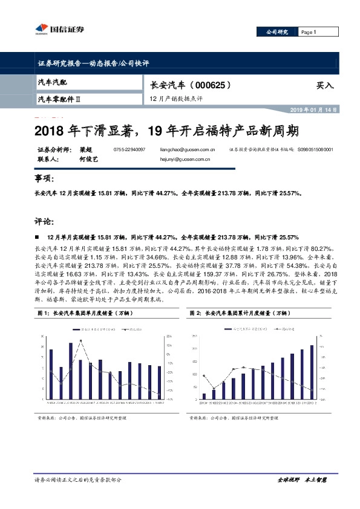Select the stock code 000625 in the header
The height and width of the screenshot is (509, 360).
[212, 85]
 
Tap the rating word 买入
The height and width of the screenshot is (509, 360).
[325, 86]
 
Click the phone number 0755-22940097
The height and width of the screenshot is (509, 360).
[129, 149]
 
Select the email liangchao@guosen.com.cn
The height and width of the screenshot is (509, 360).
[184, 149]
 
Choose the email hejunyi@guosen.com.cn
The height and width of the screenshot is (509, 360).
[184, 160]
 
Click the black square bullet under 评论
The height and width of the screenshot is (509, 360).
[39, 238]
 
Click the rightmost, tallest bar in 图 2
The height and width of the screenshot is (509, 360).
[312, 372]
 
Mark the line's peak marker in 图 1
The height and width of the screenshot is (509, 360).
[81, 340]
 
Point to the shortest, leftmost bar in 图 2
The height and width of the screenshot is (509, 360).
[204, 397]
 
